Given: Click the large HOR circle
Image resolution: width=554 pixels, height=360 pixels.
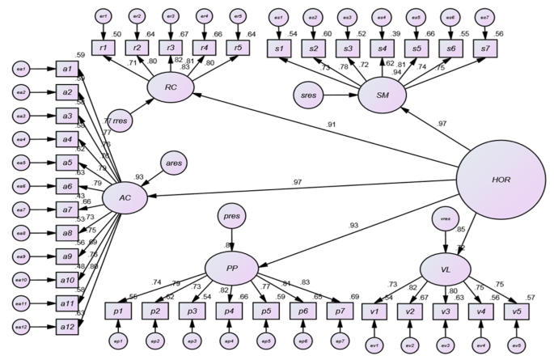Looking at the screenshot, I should [x=501, y=179].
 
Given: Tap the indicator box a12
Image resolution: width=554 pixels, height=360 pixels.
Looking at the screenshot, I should [x=66, y=325].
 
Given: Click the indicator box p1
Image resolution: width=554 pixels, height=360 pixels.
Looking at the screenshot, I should [x=119, y=311].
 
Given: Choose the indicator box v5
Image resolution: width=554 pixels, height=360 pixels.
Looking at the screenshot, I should [x=513, y=311].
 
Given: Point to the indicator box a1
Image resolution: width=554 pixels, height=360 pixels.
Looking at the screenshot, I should [x=66, y=70].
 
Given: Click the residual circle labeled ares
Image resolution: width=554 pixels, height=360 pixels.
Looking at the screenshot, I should [x=174, y=163].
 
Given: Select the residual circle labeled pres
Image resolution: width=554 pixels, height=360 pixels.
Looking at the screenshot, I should [x=233, y=216].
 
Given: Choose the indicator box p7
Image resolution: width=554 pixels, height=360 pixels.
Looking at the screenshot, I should [x=340, y=311].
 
